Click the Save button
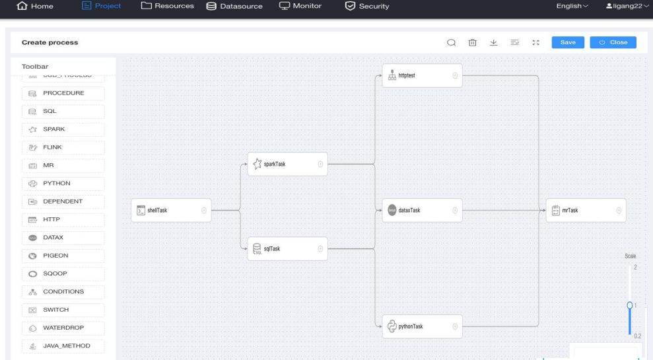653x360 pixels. coord(568,42)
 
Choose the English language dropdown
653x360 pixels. coord(572,7)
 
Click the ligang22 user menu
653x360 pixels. coord(627,7)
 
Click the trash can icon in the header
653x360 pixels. coord(473,43)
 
